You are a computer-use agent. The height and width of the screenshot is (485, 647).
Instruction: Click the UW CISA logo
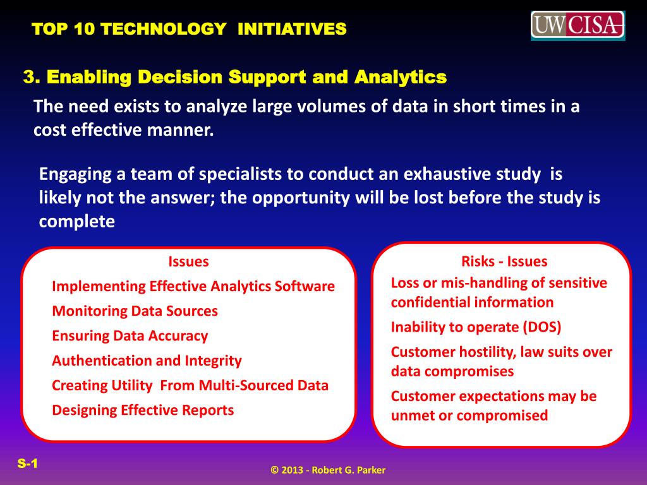[577, 25]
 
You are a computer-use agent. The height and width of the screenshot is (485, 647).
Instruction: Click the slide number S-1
[28, 463]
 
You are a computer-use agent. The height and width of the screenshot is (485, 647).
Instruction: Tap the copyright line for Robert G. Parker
[328, 470]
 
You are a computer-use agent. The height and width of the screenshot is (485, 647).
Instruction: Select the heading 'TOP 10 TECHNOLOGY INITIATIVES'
[189, 29]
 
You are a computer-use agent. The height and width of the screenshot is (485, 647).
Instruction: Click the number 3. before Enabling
[32, 76]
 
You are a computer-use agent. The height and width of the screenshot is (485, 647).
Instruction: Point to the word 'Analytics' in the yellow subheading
[400, 78]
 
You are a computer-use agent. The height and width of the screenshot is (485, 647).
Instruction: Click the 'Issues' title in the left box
[188, 261]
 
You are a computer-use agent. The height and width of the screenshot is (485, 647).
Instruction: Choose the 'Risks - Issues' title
[504, 261]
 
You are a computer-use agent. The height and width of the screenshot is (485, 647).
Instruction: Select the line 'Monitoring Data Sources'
[135, 311]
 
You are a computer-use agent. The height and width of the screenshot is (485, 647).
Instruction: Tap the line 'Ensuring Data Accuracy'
[130, 336]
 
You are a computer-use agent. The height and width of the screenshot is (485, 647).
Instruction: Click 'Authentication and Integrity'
[147, 361]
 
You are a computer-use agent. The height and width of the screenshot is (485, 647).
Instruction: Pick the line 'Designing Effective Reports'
[143, 410]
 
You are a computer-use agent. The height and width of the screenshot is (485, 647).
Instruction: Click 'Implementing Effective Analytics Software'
[193, 286]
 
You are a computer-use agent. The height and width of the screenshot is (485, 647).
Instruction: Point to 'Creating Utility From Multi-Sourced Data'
[190, 386]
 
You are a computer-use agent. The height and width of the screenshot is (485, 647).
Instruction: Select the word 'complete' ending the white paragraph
[76, 222]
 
